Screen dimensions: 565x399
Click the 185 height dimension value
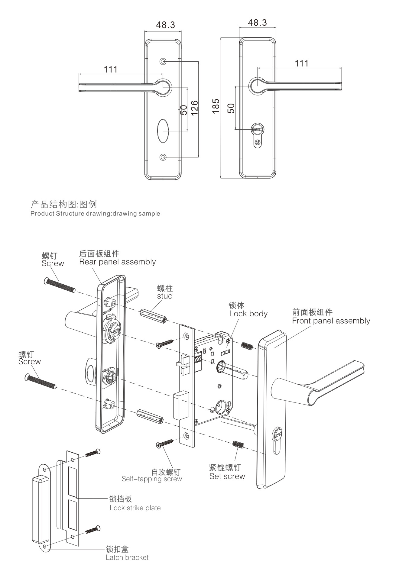216,106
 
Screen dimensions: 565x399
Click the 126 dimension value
194,108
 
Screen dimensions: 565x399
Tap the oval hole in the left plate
163,131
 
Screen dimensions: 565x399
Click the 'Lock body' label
248,314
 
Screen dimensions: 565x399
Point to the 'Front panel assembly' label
331,321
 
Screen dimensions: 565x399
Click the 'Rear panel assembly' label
117,262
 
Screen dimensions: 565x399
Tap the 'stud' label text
165,296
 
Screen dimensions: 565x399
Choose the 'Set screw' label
227,476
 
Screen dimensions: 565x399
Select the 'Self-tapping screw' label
152,479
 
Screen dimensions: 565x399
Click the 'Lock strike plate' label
135,508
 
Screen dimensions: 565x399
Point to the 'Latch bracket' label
127,557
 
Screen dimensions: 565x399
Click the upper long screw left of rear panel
60,285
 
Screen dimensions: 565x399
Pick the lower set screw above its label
238,445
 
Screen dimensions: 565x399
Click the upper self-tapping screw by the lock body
165,344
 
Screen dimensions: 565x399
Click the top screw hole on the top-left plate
163,62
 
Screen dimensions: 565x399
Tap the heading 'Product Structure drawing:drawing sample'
95,214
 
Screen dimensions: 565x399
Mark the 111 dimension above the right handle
301,63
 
